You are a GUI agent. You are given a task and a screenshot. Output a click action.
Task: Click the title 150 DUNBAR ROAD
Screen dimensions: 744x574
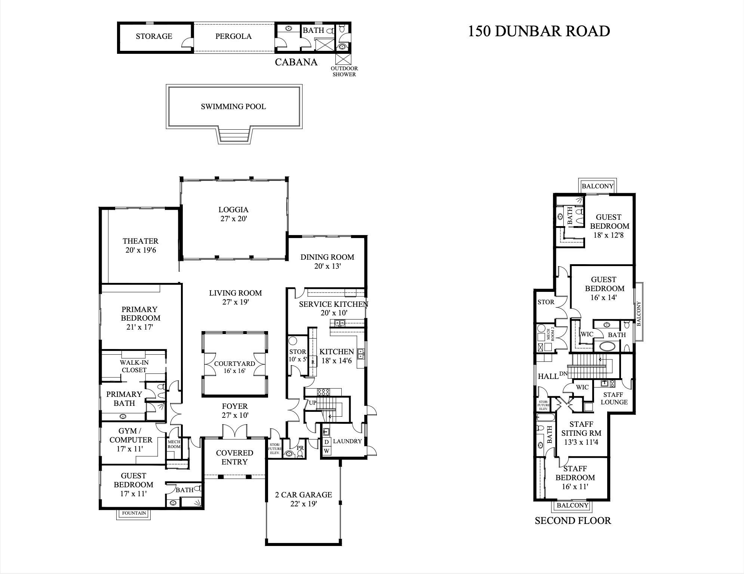(x=539, y=31)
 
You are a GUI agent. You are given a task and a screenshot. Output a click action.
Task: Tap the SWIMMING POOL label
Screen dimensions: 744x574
(x=233, y=107)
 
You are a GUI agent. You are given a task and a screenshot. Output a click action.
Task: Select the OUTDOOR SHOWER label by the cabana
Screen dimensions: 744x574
(x=344, y=71)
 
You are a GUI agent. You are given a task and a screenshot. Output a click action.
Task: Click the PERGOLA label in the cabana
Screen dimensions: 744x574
(x=233, y=36)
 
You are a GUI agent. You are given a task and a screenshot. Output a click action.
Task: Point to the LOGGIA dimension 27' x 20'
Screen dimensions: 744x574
(x=234, y=219)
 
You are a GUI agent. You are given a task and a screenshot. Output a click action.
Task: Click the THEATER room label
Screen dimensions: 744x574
(x=141, y=241)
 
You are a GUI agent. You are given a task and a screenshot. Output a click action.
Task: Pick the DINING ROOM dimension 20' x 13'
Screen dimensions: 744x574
(x=328, y=266)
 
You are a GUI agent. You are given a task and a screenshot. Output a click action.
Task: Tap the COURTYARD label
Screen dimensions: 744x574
(x=234, y=364)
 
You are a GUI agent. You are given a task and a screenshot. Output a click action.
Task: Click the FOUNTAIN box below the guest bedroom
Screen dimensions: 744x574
(x=134, y=513)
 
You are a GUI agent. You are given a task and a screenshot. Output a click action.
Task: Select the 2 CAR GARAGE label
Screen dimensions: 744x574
(x=304, y=495)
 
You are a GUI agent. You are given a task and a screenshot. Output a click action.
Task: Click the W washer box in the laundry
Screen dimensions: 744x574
(x=326, y=451)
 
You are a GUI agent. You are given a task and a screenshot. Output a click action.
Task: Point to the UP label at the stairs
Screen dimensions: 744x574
(x=313, y=403)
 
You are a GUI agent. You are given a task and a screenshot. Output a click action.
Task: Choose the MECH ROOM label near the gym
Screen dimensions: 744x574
(x=174, y=444)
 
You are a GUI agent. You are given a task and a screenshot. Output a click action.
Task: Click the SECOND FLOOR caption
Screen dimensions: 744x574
(x=573, y=521)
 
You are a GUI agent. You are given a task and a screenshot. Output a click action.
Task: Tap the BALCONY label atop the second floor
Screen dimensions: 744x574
(x=597, y=186)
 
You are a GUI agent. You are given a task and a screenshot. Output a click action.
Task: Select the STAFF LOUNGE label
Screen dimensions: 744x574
(x=614, y=398)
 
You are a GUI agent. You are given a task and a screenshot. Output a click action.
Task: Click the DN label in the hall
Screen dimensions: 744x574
(x=564, y=374)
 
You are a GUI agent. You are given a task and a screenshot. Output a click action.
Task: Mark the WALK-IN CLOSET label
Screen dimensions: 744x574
(x=134, y=366)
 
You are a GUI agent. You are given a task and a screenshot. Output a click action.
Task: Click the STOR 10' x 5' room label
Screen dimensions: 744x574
(x=298, y=355)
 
